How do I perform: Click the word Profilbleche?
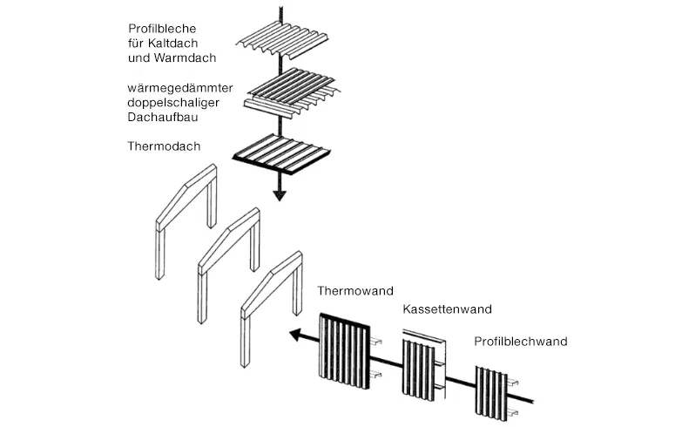(x=162, y=29)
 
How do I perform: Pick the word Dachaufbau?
(x=161, y=117)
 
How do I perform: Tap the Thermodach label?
(x=164, y=146)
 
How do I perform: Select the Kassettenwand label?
(x=447, y=309)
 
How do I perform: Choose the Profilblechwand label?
(x=521, y=342)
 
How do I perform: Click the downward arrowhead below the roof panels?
(x=279, y=195)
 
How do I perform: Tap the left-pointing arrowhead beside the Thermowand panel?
(x=298, y=333)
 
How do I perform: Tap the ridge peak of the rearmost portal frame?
(x=192, y=182)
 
